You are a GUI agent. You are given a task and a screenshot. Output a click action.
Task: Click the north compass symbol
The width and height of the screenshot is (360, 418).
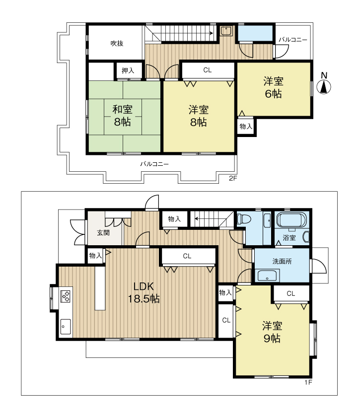(x=324, y=86)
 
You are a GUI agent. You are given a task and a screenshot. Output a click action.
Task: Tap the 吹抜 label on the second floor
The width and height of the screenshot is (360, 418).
(x=117, y=43)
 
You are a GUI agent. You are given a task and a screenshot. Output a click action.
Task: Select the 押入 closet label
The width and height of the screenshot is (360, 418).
(x=128, y=71)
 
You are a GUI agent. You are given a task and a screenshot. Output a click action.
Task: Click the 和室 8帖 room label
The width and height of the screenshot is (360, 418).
(x=122, y=115)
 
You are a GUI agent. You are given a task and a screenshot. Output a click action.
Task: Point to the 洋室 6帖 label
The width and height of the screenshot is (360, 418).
(x=273, y=87)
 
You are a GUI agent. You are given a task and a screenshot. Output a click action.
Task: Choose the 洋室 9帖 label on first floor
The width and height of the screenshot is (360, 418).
(x=273, y=332)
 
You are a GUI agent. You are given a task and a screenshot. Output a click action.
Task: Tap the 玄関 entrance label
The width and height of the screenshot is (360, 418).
(x=103, y=232)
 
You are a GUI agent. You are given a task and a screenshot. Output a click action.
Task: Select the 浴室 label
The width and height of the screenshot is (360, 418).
(x=289, y=238)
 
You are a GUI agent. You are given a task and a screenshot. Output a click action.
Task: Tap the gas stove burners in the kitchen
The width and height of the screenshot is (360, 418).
(x=66, y=296)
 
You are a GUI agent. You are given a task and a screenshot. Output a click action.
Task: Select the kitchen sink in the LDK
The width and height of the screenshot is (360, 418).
(x=66, y=326)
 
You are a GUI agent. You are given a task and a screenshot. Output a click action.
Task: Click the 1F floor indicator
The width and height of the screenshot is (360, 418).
(x=308, y=383)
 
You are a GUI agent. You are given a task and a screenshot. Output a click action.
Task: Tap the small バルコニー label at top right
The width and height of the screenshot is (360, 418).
(x=292, y=39)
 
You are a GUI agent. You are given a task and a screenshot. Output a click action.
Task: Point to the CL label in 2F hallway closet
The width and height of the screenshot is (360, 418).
(x=207, y=70)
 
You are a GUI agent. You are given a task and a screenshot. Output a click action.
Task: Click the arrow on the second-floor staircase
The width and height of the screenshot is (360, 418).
(x=211, y=34)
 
